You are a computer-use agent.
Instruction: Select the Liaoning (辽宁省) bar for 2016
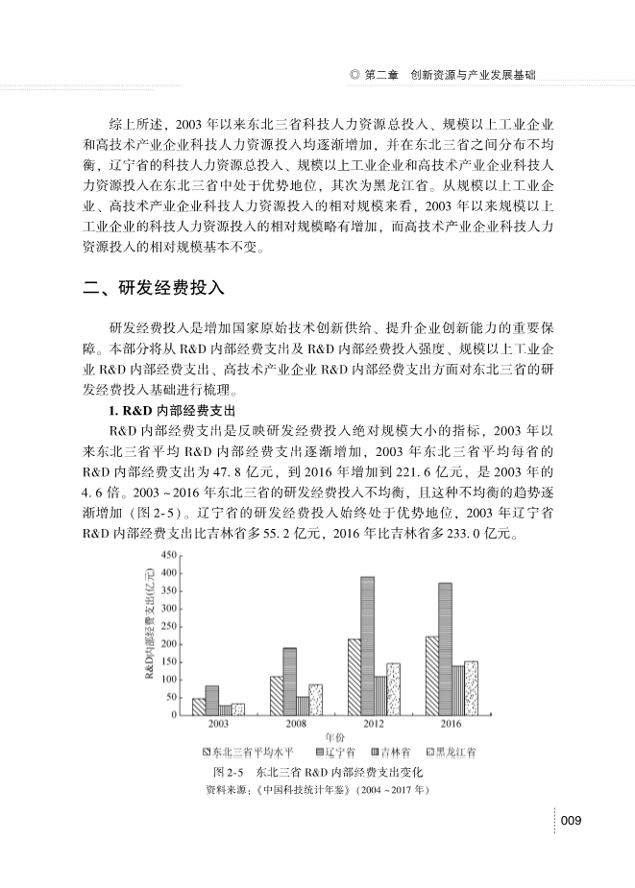coord(445,648)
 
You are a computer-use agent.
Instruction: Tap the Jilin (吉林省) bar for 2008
coord(303,706)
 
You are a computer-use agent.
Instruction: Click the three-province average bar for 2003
coord(199,707)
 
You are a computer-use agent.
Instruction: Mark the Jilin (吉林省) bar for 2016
coord(457,690)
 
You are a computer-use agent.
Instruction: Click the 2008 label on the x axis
coord(296,723)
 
